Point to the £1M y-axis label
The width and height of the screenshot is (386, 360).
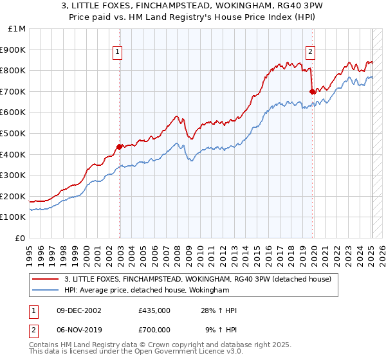coord(17,28)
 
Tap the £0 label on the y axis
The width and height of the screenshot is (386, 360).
coord(21,238)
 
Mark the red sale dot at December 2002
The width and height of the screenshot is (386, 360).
coord(120,147)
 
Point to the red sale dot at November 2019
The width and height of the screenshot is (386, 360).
coord(312,91)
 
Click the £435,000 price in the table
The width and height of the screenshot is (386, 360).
coord(154,311)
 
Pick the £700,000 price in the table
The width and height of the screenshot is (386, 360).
coord(154,328)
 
